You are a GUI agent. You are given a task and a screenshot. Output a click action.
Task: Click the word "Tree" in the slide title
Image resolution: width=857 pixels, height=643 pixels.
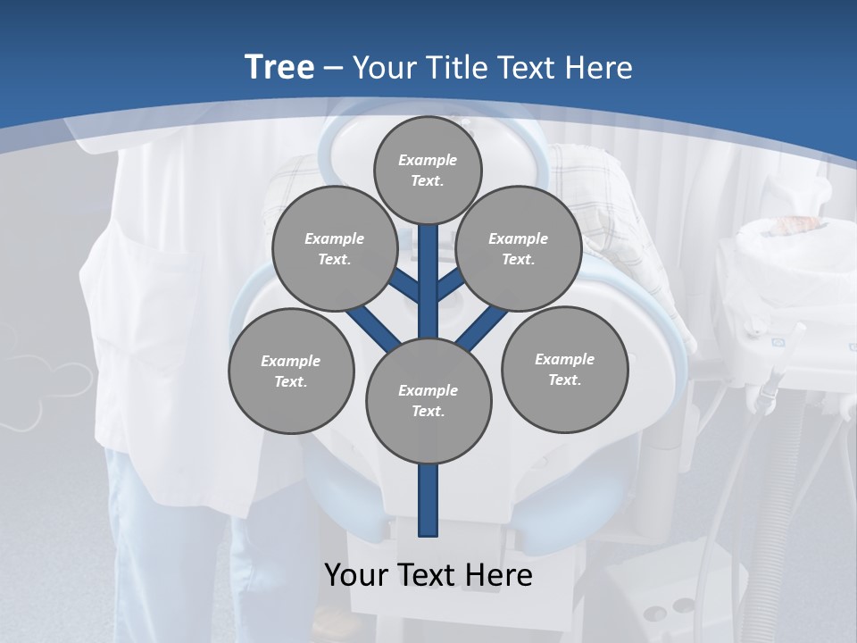click(x=279, y=67)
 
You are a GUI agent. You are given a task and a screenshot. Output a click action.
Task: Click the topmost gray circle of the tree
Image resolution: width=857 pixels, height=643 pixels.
click(x=428, y=170)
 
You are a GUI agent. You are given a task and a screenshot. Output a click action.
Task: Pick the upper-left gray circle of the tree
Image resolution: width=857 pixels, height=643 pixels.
click(x=334, y=248)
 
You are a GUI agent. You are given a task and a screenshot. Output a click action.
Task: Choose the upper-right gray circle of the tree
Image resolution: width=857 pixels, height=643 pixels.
click(x=518, y=248)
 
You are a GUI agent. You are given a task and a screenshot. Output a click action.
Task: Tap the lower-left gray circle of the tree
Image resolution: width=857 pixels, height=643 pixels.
click(x=291, y=371)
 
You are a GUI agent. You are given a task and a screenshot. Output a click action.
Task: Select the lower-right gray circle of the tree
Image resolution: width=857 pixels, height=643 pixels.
click(x=564, y=369)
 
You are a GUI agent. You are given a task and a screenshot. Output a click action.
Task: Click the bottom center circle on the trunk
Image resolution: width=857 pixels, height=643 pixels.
click(x=428, y=400)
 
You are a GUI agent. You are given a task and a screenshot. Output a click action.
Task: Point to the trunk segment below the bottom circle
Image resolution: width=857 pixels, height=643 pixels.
click(x=428, y=500)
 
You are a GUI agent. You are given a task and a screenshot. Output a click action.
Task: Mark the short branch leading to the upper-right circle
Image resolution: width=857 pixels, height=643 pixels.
click(x=450, y=286)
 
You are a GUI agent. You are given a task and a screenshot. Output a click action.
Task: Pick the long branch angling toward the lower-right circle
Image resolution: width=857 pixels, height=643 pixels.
click(x=483, y=327)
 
